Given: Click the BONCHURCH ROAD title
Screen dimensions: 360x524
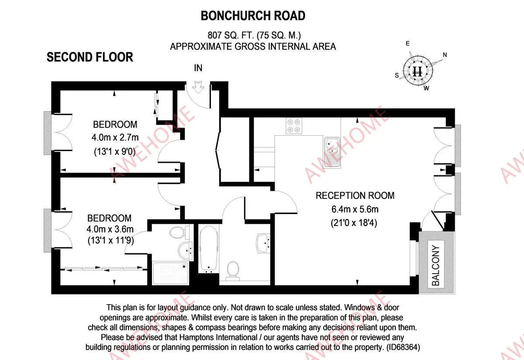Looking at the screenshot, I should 253,16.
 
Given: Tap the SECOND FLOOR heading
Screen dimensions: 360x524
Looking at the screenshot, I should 90,57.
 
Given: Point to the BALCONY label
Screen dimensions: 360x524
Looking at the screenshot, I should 436,265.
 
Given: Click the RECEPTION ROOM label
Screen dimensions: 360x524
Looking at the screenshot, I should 355,195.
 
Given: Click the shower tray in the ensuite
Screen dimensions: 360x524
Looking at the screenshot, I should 170,273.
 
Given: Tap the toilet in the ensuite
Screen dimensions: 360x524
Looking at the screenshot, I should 178,232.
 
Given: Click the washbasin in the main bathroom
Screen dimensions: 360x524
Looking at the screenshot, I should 263,242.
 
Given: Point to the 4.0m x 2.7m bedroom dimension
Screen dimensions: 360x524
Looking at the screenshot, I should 114,138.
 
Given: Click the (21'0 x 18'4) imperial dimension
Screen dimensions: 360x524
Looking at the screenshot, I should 354,223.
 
